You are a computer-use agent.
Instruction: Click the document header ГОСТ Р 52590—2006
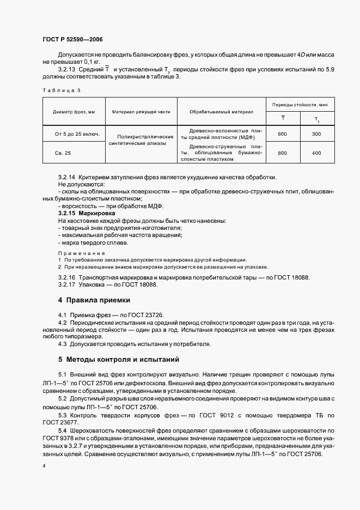point(72,40)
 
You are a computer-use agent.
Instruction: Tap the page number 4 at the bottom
point(44,466)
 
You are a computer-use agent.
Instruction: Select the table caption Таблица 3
point(61,89)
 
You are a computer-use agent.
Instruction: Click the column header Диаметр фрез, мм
point(74,112)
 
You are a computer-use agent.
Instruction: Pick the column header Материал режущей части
point(141,112)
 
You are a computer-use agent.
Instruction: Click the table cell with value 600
point(282,134)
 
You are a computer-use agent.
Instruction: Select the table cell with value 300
point(316,134)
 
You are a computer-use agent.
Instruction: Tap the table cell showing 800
point(282,153)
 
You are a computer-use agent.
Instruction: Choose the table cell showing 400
point(316,153)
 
